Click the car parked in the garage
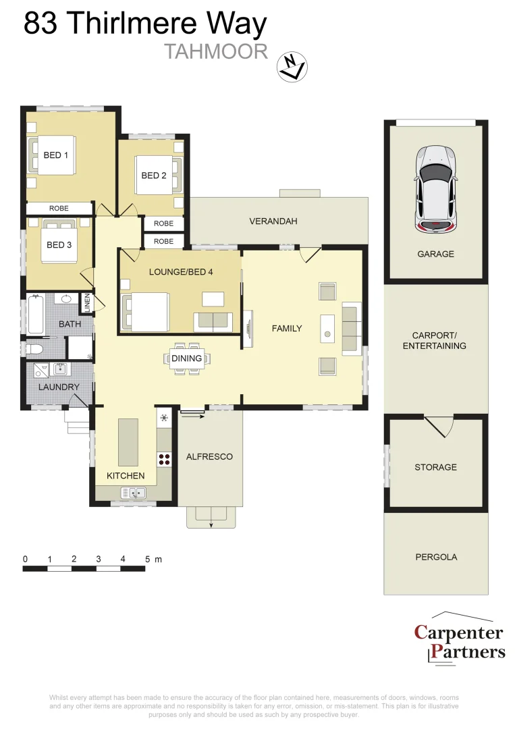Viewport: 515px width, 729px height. pyautogui.click(x=435, y=190)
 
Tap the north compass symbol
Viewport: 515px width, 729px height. pyautogui.click(x=292, y=66)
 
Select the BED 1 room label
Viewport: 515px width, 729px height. pyautogui.click(x=56, y=155)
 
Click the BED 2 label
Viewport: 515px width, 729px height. pyautogui.click(x=154, y=175)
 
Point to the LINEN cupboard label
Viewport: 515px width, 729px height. pyautogui.click(x=86, y=303)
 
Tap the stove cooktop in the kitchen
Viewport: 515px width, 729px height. pyautogui.click(x=164, y=459)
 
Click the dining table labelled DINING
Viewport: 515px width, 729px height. pyautogui.click(x=187, y=358)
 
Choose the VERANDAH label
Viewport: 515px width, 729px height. pyautogui.click(x=273, y=221)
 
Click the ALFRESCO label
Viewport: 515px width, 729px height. pyautogui.click(x=209, y=457)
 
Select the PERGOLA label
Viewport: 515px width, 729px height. pyautogui.click(x=435, y=557)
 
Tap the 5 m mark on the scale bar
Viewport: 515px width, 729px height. pyautogui.click(x=146, y=560)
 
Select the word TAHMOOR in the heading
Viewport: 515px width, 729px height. pyautogui.click(x=216, y=52)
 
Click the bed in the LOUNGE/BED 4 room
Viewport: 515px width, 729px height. pyautogui.click(x=145, y=312)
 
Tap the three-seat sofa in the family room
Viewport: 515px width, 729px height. pyautogui.click(x=350, y=329)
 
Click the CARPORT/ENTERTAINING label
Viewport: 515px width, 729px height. pyautogui.click(x=435, y=340)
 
